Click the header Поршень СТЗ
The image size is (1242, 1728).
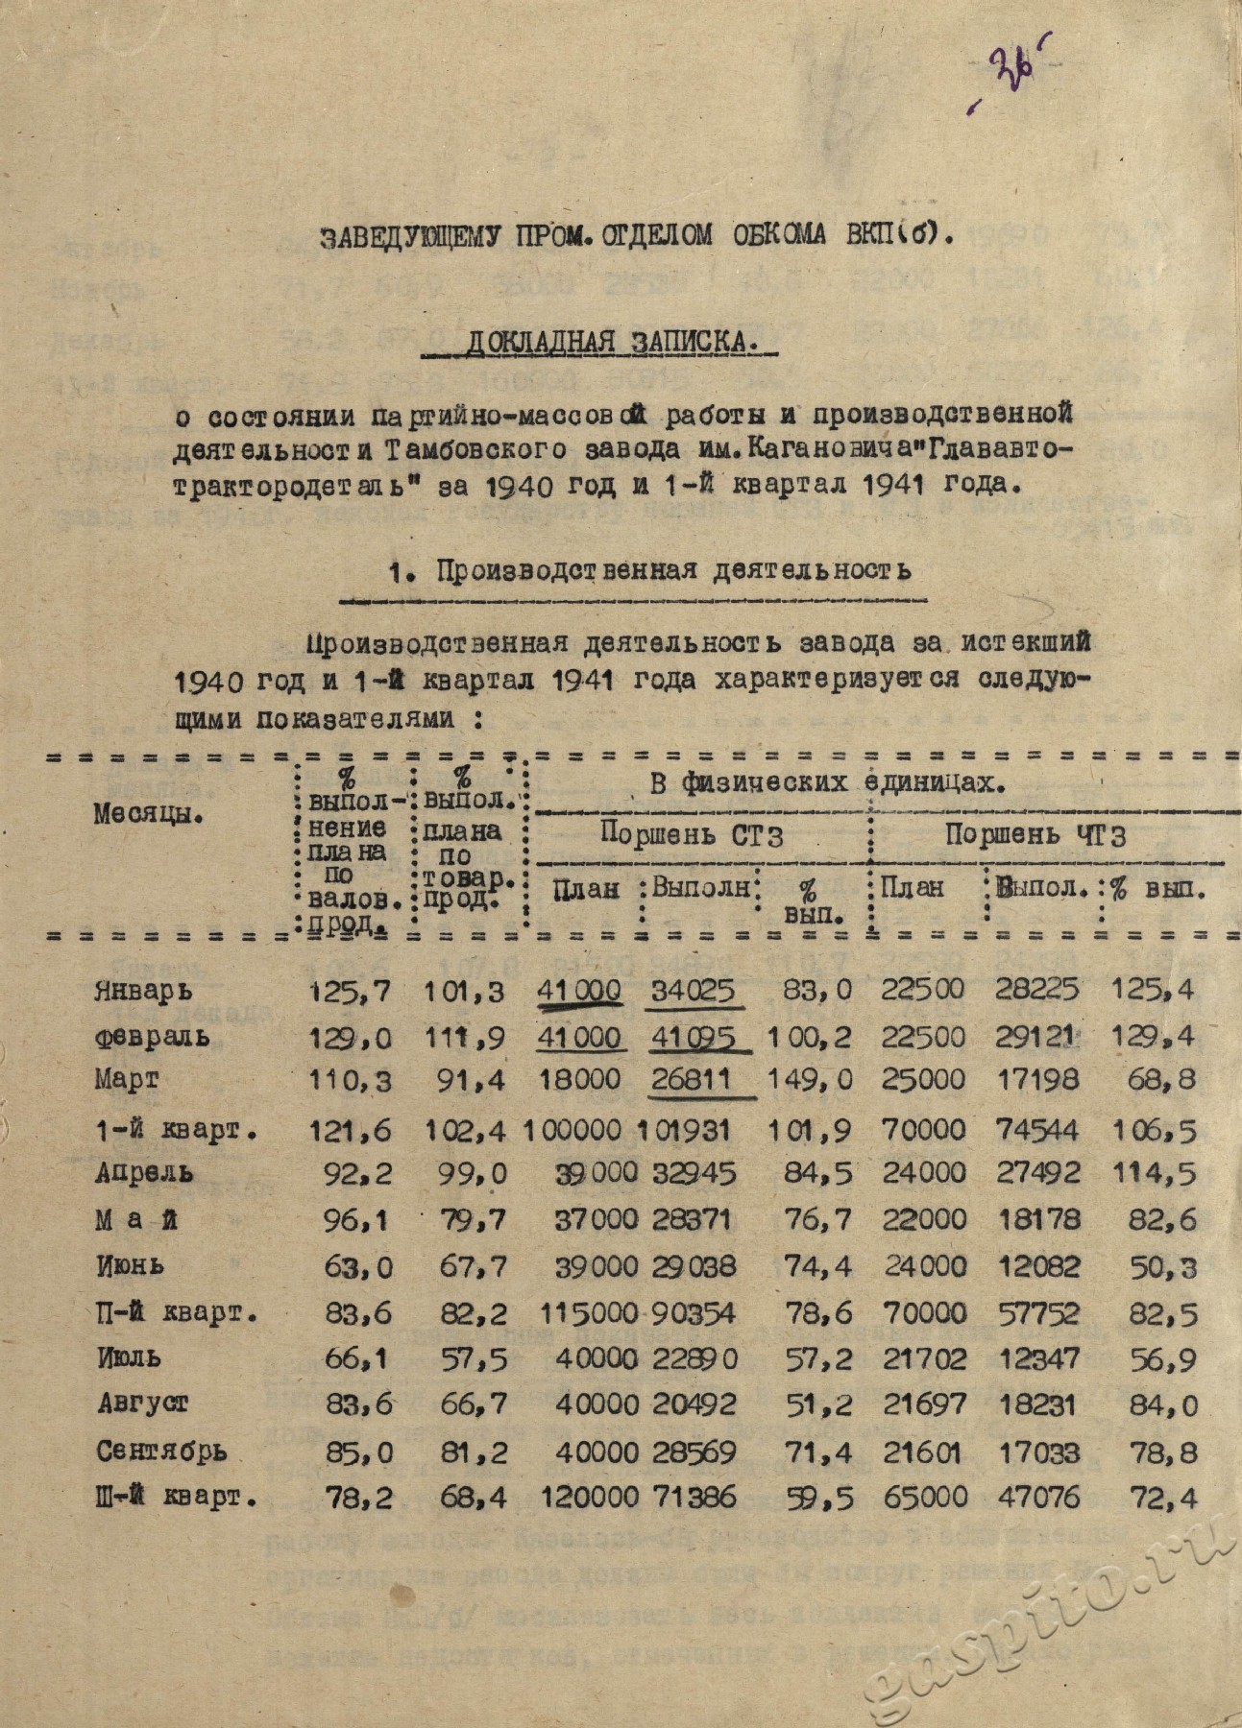[x=692, y=834]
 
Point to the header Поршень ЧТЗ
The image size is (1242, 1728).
[x=1035, y=835]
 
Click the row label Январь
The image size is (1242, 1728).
[x=143, y=990]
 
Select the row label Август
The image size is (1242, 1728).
[x=142, y=1404]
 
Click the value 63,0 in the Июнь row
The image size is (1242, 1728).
[x=357, y=1267]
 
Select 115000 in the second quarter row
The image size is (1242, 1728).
[x=575, y=1313]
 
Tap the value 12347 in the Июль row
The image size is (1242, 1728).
[x=1036, y=1358]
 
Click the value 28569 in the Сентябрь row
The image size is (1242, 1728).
[x=694, y=1451]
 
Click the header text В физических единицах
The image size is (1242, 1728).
[x=827, y=783]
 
